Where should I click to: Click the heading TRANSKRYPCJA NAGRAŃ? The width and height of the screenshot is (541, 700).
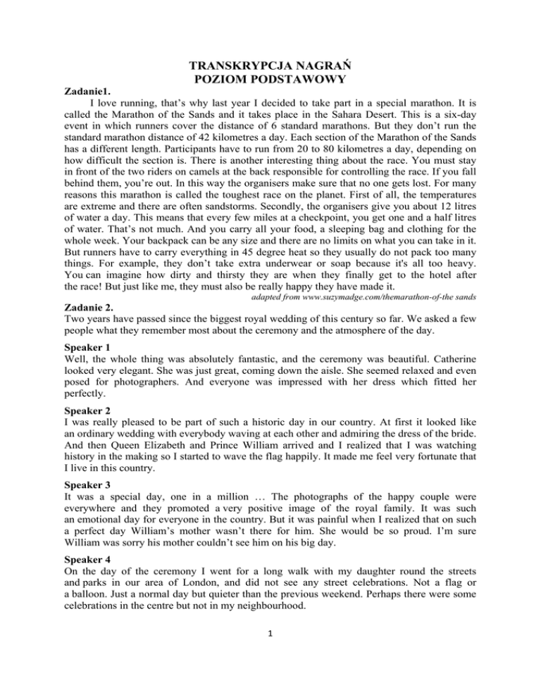(270, 67)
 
